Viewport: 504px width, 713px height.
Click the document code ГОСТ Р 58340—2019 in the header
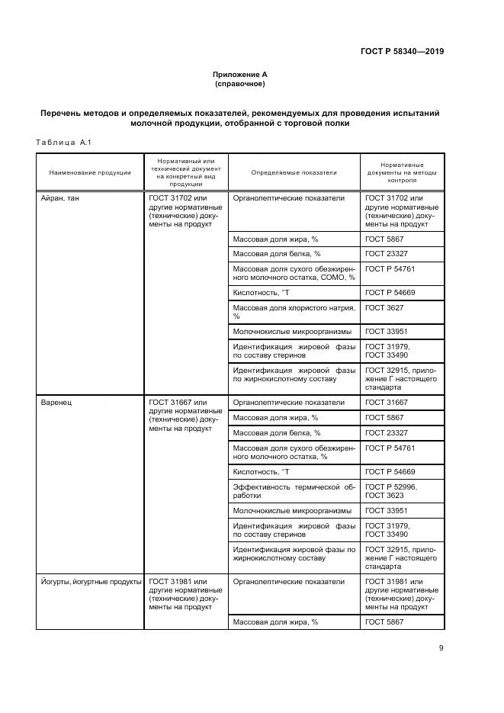(402, 52)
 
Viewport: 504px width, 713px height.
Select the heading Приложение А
(239, 74)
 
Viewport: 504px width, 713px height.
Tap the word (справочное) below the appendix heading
(239, 83)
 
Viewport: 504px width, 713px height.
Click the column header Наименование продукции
(90, 172)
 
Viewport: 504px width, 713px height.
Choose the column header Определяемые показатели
(294, 172)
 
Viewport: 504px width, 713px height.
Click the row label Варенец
(56, 403)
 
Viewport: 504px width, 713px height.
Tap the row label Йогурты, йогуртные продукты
(91, 582)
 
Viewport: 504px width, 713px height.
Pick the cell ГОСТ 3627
(386, 307)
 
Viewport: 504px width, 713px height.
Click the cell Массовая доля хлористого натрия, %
(294, 311)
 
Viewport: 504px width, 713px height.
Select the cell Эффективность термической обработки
(294, 490)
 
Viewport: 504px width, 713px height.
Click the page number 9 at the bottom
(441, 648)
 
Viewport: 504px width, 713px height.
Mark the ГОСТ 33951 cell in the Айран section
(388, 331)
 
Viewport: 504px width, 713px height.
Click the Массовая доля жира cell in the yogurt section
(275, 623)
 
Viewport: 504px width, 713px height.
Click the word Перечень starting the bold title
(63, 113)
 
